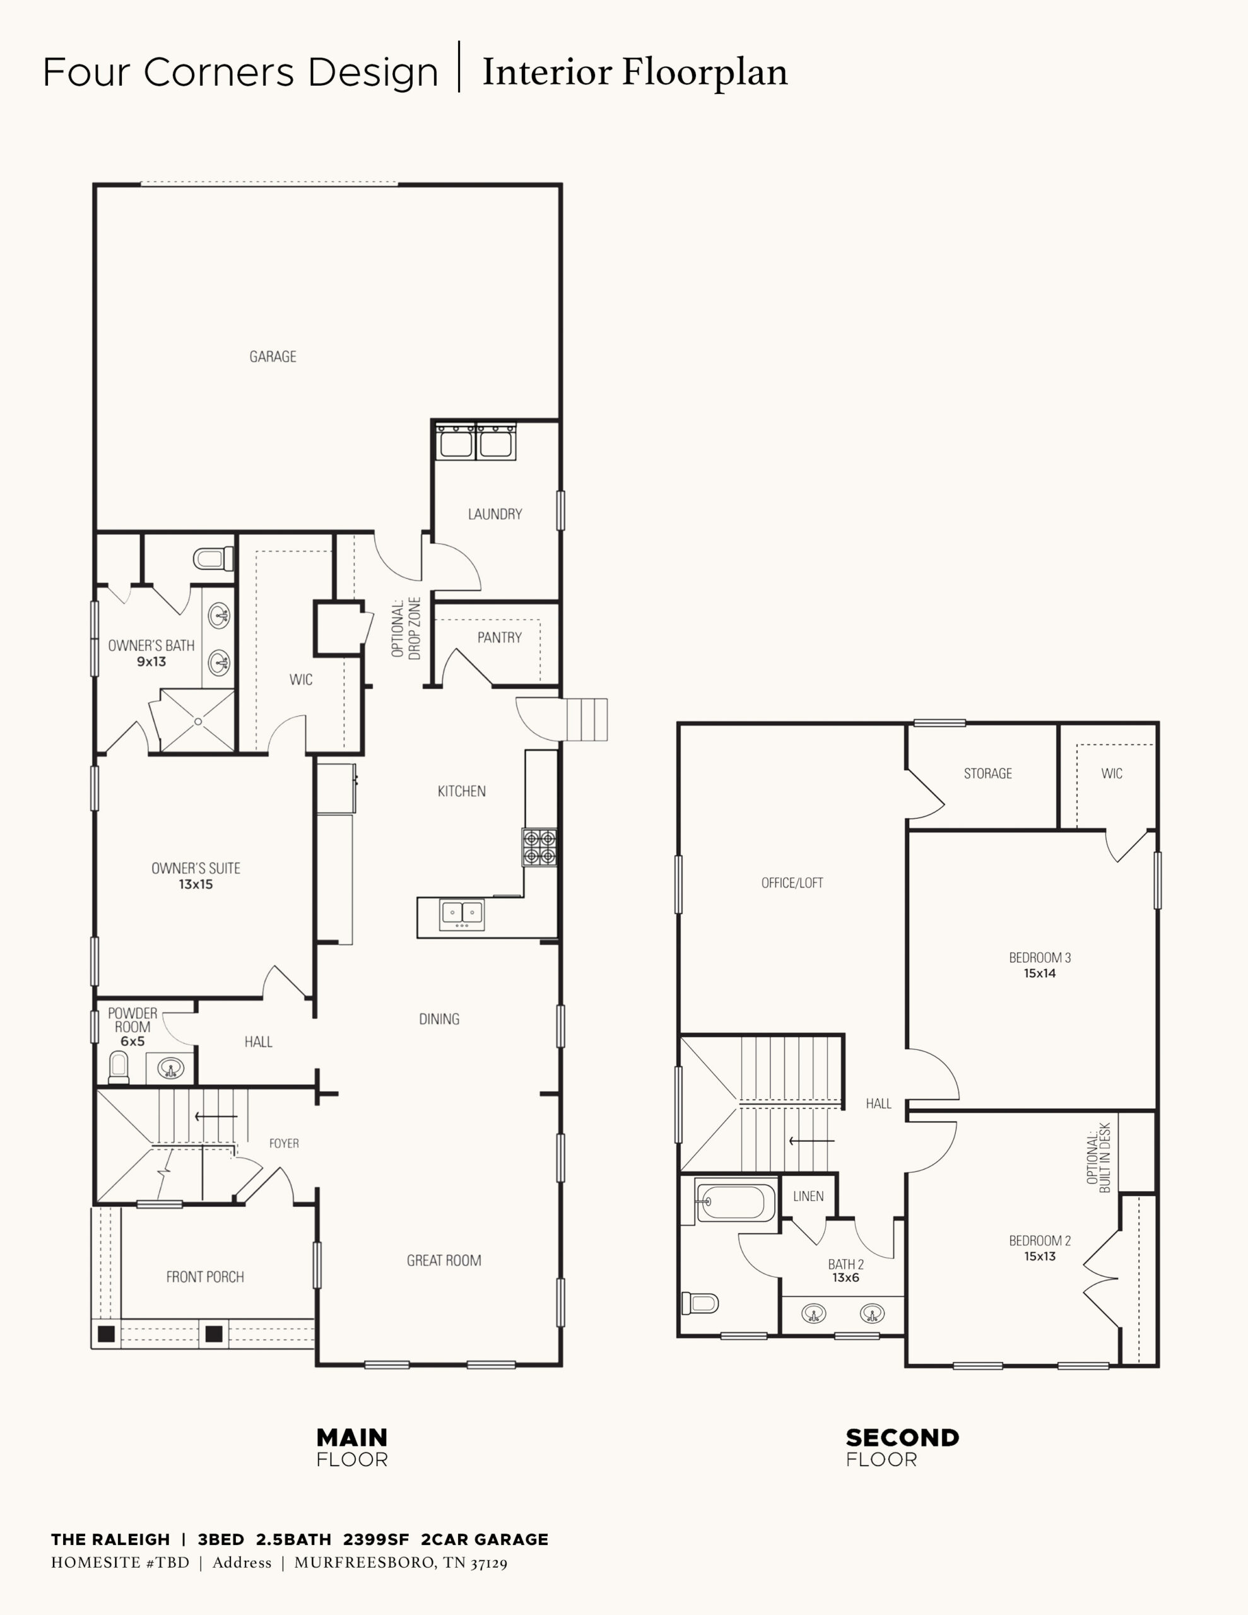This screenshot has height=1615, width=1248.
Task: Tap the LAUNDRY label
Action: (x=495, y=514)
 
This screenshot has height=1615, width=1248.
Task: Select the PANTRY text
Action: (x=499, y=637)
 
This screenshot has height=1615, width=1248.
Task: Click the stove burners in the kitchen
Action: (x=539, y=847)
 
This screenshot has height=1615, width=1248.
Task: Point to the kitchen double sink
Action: (x=462, y=915)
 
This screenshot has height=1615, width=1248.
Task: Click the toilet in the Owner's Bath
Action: (x=214, y=558)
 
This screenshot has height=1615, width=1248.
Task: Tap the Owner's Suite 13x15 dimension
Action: (x=196, y=884)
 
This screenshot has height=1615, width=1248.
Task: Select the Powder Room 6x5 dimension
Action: (x=132, y=1041)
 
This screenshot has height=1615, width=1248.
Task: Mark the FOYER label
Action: (x=284, y=1143)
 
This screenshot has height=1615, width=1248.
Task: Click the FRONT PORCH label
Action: (x=205, y=1276)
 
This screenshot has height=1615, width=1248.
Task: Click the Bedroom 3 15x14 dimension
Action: (x=1039, y=973)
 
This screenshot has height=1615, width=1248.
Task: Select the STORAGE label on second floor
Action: (x=987, y=773)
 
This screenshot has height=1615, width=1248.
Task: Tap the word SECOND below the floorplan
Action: (x=902, y=1438)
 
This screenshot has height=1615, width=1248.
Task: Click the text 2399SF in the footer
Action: (x=376, y=1539)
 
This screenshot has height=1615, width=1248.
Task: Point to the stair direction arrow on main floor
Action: (x=216, y=1117)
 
